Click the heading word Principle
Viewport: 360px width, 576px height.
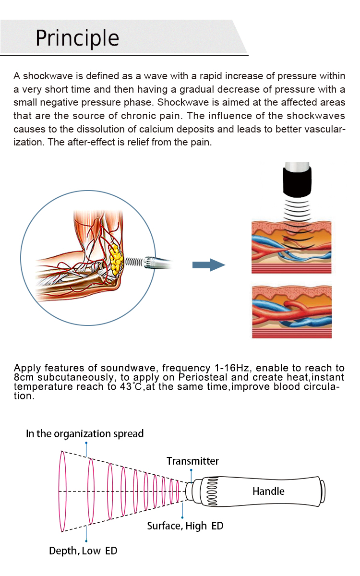pyautogui.click(x=77, y=38)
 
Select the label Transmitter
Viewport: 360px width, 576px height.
pyautogui.click(x=192, y=461)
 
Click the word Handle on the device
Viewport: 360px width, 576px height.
pyautogui.click(x=268, y=491)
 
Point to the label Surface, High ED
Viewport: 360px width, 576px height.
pyautogui.click(x=185, y=526)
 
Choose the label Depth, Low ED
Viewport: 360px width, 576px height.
pyautogui.click(x=83, y=551)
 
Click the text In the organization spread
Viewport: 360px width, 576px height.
pyautogui.click(x=84, y=434)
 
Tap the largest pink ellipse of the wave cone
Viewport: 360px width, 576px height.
pyautogui.click(x=62, y=491)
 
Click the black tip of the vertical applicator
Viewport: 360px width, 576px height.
pyautogui.click(x=296, y=181)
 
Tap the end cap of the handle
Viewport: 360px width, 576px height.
pyautogui.click(x=323, y=492)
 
